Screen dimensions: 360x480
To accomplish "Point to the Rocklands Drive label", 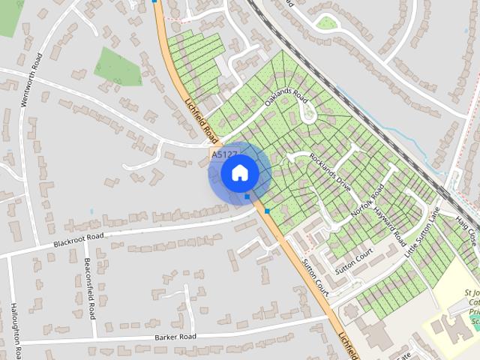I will point(329,173).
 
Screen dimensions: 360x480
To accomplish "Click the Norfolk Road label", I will point(367,201).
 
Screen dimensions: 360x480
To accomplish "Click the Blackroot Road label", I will point(78,241).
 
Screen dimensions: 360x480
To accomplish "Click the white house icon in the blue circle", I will point(239,173).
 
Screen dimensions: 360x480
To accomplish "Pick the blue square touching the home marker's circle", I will point(247,197).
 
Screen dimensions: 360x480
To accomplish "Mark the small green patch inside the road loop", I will point(327,22).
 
